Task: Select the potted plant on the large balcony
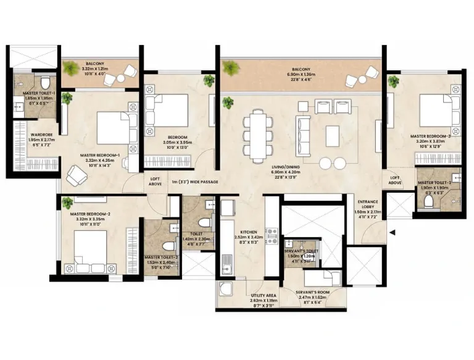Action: coord(231,67)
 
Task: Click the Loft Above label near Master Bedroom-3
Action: coord(395,180)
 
